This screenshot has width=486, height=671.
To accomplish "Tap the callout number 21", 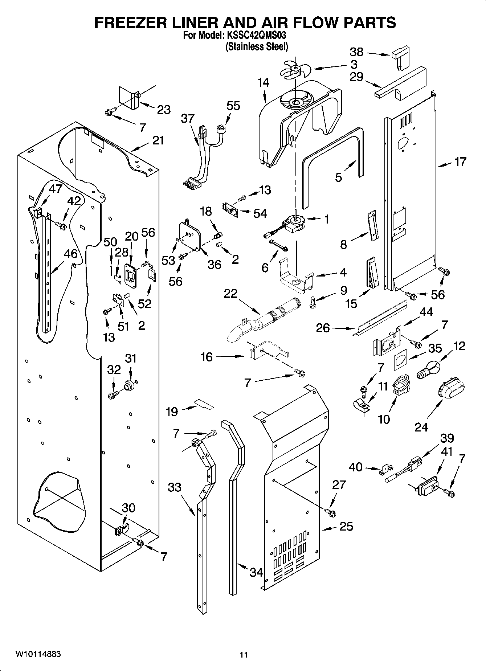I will point(158,140).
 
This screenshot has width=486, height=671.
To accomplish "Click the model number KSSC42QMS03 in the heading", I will point(257,36).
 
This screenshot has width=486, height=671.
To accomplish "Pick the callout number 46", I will point(71,254).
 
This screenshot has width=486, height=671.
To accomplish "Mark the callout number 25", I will point(346,526).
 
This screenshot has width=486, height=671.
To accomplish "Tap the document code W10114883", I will point(38,654).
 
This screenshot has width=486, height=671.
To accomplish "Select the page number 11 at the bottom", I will point(244,655).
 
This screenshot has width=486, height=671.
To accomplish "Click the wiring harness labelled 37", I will point(199,156).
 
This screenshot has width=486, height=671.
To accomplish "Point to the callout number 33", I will point(175,487).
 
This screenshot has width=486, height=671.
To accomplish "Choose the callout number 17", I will point(460,161).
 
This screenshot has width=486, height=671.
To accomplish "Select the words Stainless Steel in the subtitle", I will point(257,47).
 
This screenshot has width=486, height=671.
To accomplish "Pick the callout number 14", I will point(264,83).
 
